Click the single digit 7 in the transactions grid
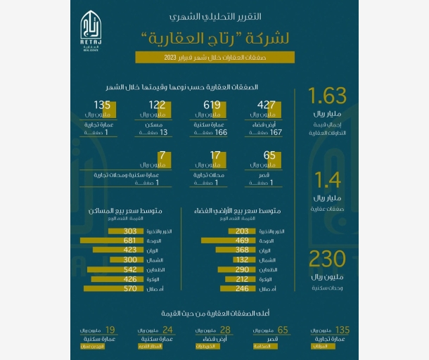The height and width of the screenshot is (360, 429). point(162,155)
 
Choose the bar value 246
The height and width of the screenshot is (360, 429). point(243,288)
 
